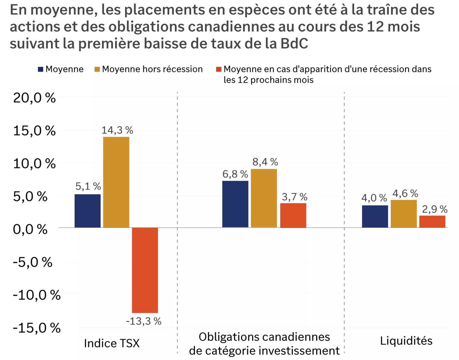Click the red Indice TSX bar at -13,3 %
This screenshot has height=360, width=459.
(145, 270)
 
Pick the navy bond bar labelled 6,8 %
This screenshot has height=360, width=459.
(235, 204)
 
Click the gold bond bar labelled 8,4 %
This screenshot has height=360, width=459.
(264, 198)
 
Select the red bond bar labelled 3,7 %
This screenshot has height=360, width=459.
(293, 215)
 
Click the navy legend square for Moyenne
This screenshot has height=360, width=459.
(40, 69)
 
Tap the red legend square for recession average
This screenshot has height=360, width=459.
(219, 69)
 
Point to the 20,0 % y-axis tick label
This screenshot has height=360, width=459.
(34, 98)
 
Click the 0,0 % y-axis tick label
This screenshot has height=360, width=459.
(30, 229)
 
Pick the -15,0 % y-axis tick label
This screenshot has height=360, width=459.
(36, 328)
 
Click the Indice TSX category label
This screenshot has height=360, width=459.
(112, 343)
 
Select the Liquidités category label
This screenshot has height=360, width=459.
(406, 341)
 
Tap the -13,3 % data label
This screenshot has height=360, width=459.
(143, 321)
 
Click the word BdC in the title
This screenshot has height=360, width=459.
(294, 44)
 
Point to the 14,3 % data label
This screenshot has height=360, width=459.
(117, 130)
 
